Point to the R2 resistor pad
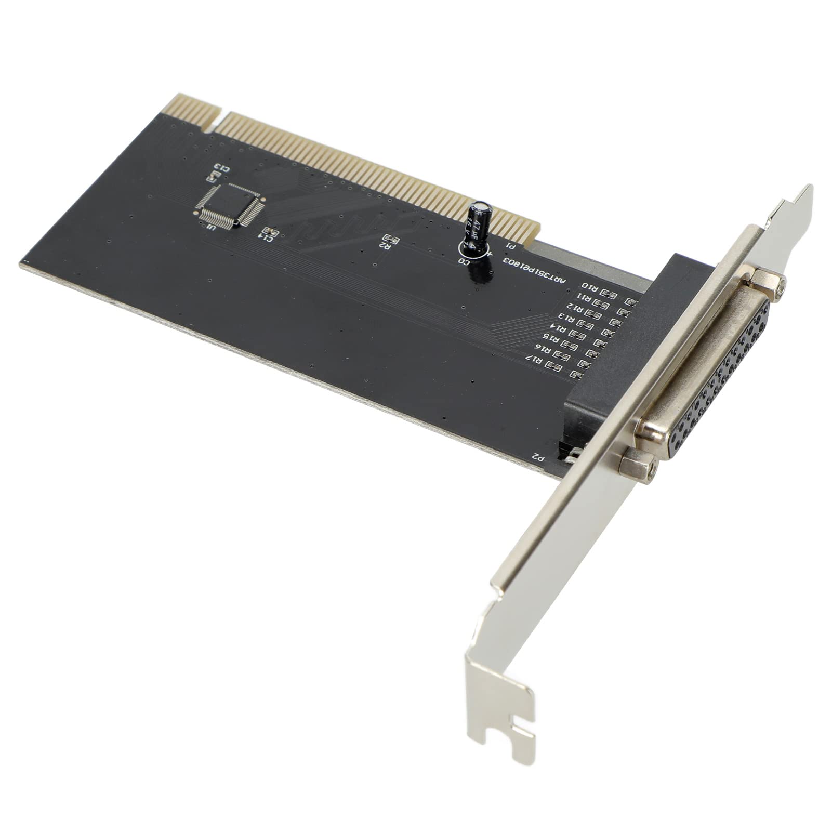click(392, 240)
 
